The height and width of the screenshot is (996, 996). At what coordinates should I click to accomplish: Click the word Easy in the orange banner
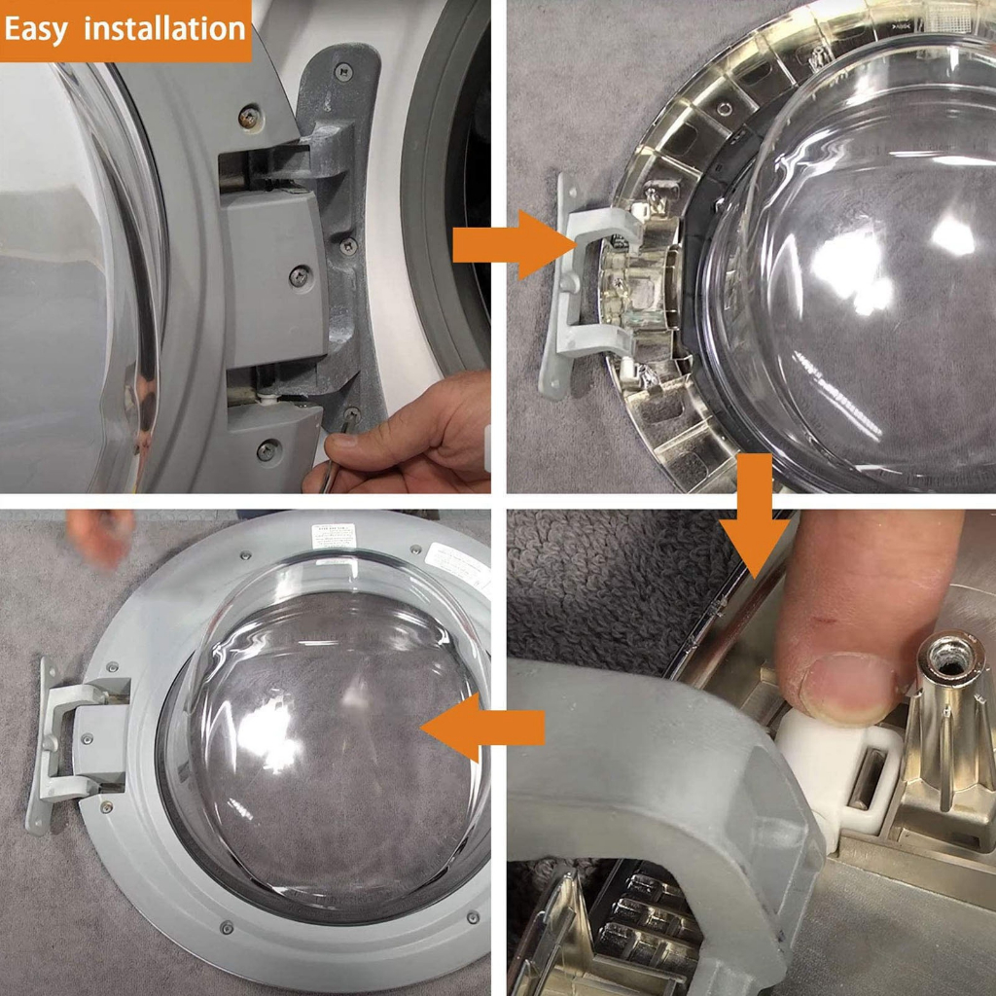(37, 28)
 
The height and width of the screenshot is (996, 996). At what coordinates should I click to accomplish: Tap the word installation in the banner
(164, 28)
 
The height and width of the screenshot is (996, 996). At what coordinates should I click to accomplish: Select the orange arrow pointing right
(501, 244)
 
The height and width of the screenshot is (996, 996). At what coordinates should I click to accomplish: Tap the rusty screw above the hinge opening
(249, 116)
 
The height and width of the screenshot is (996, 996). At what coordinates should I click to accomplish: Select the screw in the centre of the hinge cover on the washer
(300, 277)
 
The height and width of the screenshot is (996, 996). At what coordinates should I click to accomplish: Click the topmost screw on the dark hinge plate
(342, 70)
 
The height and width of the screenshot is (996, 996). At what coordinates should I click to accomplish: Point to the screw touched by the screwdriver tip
(351, 415)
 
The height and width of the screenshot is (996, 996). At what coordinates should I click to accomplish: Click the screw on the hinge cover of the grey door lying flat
(88, 739)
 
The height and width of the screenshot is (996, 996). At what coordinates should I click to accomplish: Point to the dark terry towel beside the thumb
(603, 584)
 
